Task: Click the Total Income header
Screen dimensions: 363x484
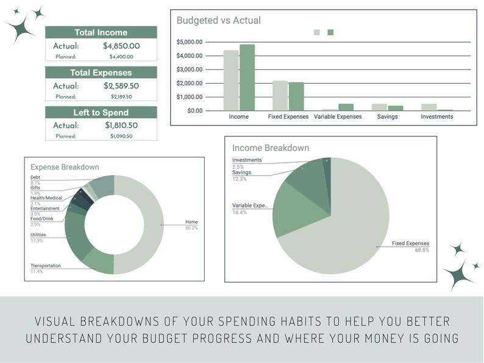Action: [x=101, y=32]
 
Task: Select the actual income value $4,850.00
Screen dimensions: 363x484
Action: [x=121, y=46]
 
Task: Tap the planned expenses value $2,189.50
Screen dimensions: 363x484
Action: [x=121, y=96]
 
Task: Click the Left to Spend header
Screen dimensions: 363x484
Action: [x=101, y=113]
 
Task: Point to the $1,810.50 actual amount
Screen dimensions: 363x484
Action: [x=121, y=125]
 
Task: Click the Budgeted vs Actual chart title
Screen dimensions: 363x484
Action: [x=218, y=21]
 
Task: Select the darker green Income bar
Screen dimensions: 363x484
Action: [x=247, y=77]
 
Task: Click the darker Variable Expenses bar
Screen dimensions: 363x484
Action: [x=346, y=107]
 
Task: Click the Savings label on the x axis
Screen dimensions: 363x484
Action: [x=387, y=116]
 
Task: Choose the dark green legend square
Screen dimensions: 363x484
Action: [x=330, y=32]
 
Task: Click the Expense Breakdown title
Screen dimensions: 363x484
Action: [x=65, y=167]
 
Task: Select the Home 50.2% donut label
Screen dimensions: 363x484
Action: [x=192, y=225]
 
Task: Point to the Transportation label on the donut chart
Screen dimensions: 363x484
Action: [x=46, y=266]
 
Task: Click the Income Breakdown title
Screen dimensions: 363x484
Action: [x=270, y=148]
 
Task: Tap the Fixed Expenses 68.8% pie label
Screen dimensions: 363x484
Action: [x=411, y=247]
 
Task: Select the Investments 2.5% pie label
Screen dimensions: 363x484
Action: [x=246, y=163]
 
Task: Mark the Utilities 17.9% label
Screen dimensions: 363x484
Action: [x=38, y=236]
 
